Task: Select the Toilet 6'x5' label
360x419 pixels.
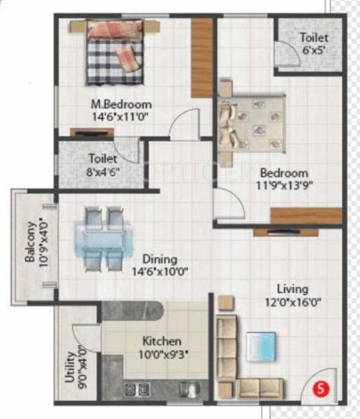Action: point(311,44)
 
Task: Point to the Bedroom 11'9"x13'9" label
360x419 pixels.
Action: point(284,179)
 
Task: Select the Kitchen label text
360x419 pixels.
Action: point(162,341)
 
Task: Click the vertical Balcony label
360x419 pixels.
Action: point(31,242)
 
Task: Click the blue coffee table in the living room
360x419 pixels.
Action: point(260,345)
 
